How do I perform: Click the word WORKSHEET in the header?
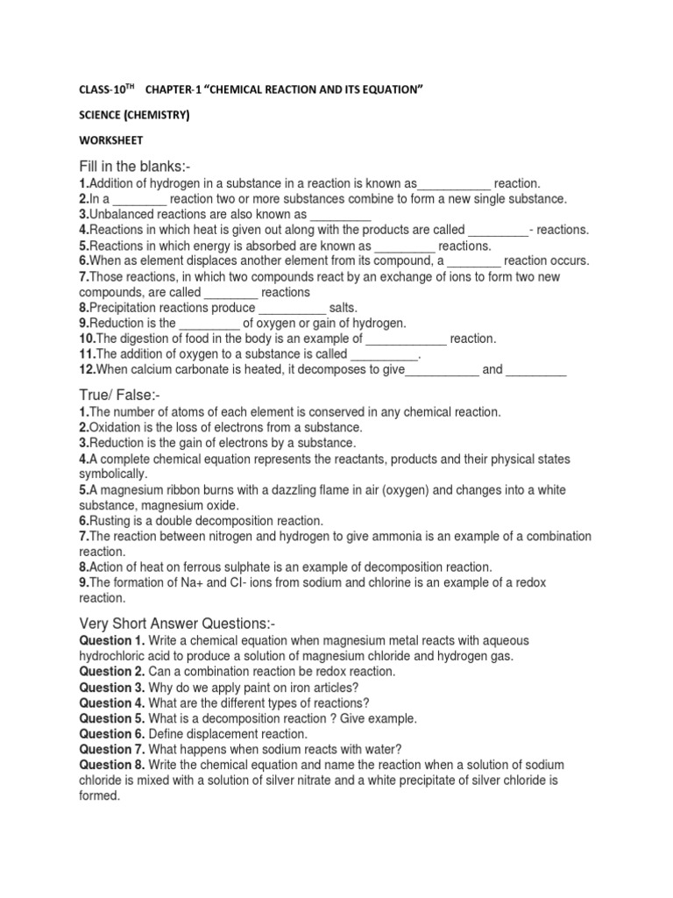[x=111, y=140]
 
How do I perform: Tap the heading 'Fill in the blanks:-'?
[x=138, y=167]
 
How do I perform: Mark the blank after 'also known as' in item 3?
[x=341, y=215]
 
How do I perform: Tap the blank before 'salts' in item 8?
[x=292, y=309]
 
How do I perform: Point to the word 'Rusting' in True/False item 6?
[x=113, y=520]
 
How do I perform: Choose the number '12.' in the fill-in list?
[x=88, y=370]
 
